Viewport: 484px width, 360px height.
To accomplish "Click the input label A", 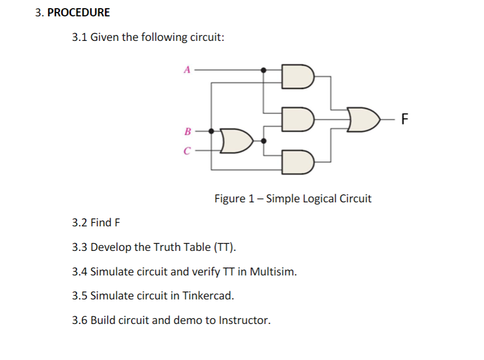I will tap(187, 70).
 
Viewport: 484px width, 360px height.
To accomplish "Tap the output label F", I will tap(404, 118).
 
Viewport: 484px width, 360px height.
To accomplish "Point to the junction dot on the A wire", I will tap(264, 70).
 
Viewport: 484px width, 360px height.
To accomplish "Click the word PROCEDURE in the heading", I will tap(79, 12).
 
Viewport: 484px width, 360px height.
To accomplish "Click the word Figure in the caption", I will tap(230, 198).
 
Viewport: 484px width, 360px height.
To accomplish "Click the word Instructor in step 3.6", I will tap(244, 320).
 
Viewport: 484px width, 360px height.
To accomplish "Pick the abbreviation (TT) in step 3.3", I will tap(226, 247).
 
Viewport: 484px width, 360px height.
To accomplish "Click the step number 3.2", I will tap(80, 223).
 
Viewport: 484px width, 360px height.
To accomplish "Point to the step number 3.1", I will tap(80, 38).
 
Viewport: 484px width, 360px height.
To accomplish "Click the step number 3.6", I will tap(80, 320).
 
